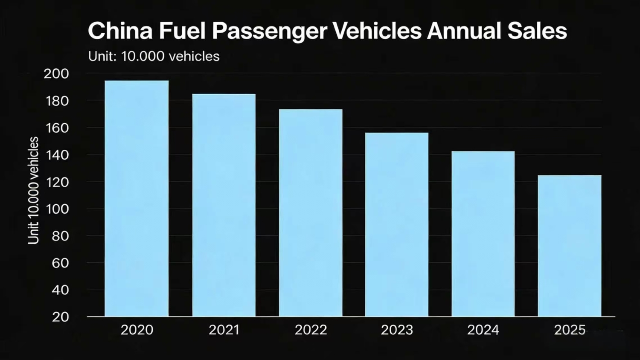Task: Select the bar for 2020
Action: [x=137, y=198]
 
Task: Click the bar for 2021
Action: [x=224, y=205]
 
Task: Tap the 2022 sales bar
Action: [x=311, y=213]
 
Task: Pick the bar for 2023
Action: [x=397, y=224]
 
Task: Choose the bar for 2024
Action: [x=483, y=234]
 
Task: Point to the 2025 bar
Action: [x=570, y=246]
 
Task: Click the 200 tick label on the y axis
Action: [x=56, y=74]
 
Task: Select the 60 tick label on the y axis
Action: [x=60, y=263]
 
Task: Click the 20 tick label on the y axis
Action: [x=60, y=317]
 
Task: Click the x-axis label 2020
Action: [x=137, y=330]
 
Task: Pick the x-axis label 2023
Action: [x=397, y=330]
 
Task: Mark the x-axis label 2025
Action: [x=570, y=330]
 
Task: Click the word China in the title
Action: [x=120, y=31]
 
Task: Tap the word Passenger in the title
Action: [x=270, y=31]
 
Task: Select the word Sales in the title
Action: [x=537, y=31]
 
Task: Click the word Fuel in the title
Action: [x=183, y=31]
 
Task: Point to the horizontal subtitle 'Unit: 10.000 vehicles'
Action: [x=154, y=56]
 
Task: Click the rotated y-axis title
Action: [x=33, y=191]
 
